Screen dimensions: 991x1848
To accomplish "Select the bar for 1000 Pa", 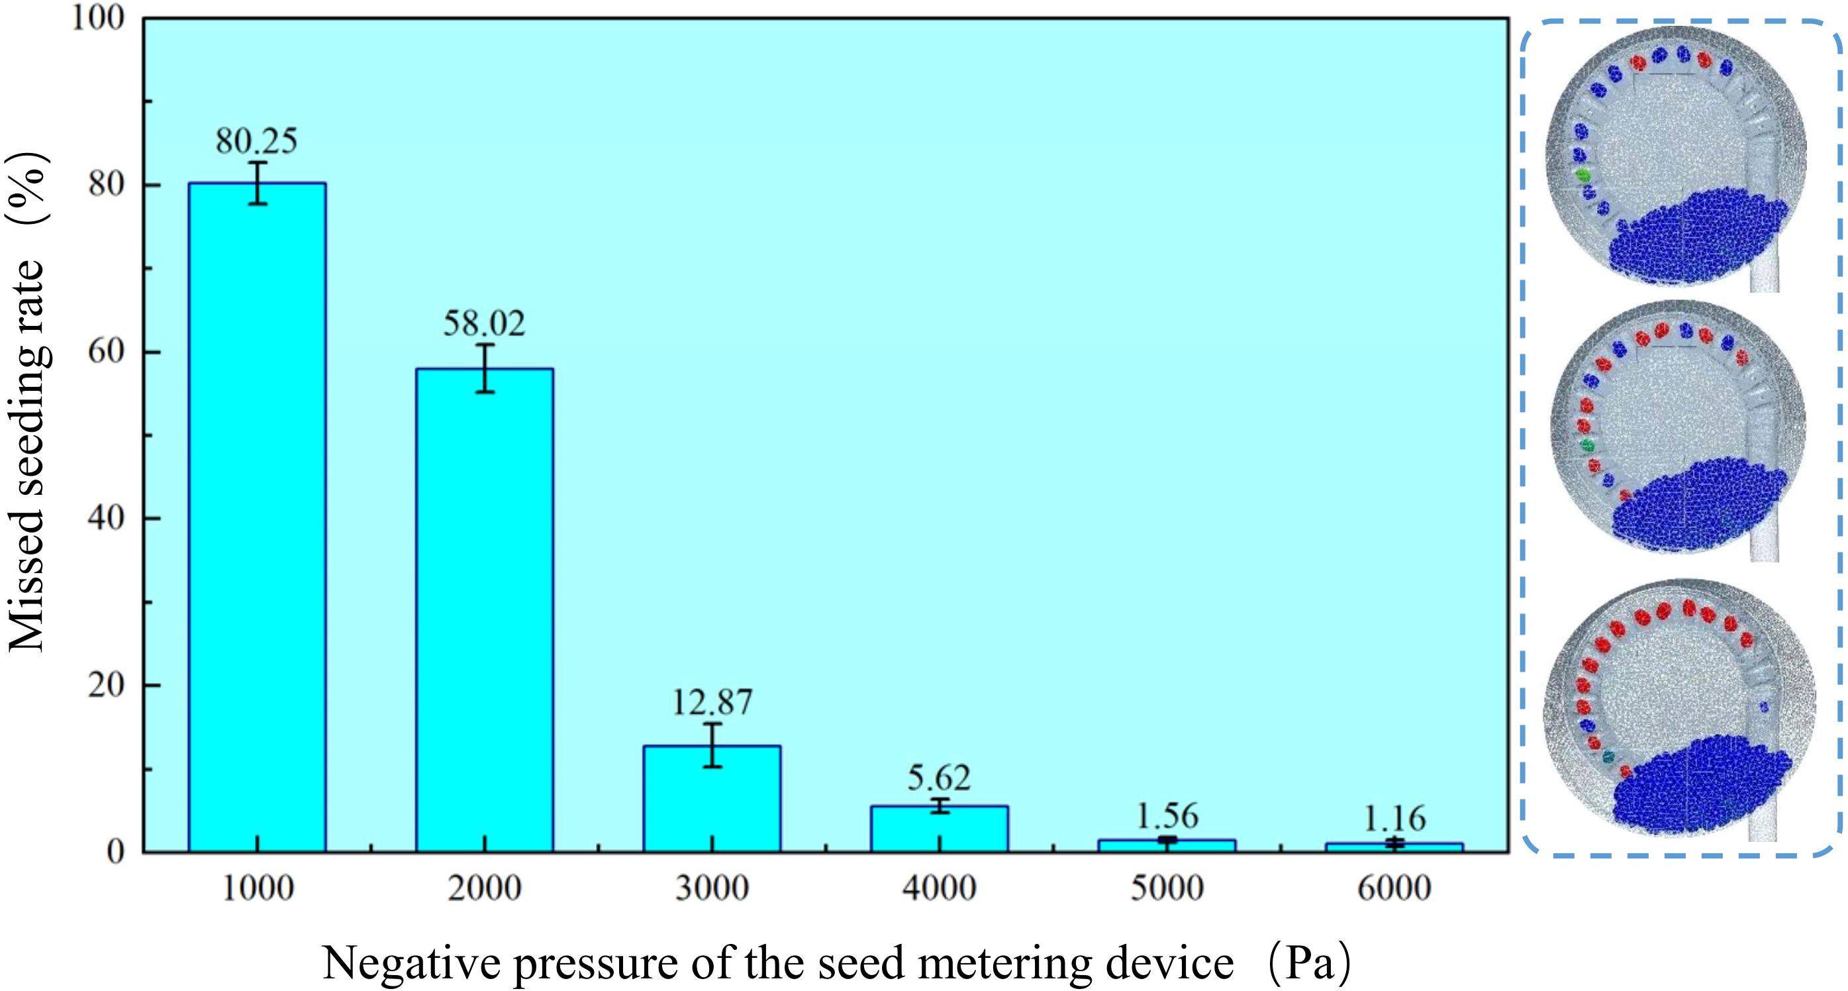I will pyautogui.click(x=257, y=517).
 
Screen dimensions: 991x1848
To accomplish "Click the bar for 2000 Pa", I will pyautogui.click(x=484, y=610).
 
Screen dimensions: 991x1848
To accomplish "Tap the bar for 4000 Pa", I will pyautogui.click(x=939, y=828).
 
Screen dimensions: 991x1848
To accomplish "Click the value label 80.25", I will pyautogui.click(x=257, y=141).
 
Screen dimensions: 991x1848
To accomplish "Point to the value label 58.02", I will pyautogui.click(x=484, y=324).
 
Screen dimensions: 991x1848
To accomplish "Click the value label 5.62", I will pyautogui.click(x=939, y=777).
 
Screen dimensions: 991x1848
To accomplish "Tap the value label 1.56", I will pyautogui.click(x=1167, y=816).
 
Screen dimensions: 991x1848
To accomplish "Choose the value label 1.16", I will pyautogui.click(x=1394, y=819).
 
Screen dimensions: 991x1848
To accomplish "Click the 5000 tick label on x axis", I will pyautogui.click(x=1167, y=888).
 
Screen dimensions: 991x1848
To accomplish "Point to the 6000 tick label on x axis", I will pyautogui.click(x=1394, y=888).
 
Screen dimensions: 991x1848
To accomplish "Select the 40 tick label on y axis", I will pyautogui.click(x=108, y=518).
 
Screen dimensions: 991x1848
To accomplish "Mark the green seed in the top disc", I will pyautogui.click(x=1583, y=174).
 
